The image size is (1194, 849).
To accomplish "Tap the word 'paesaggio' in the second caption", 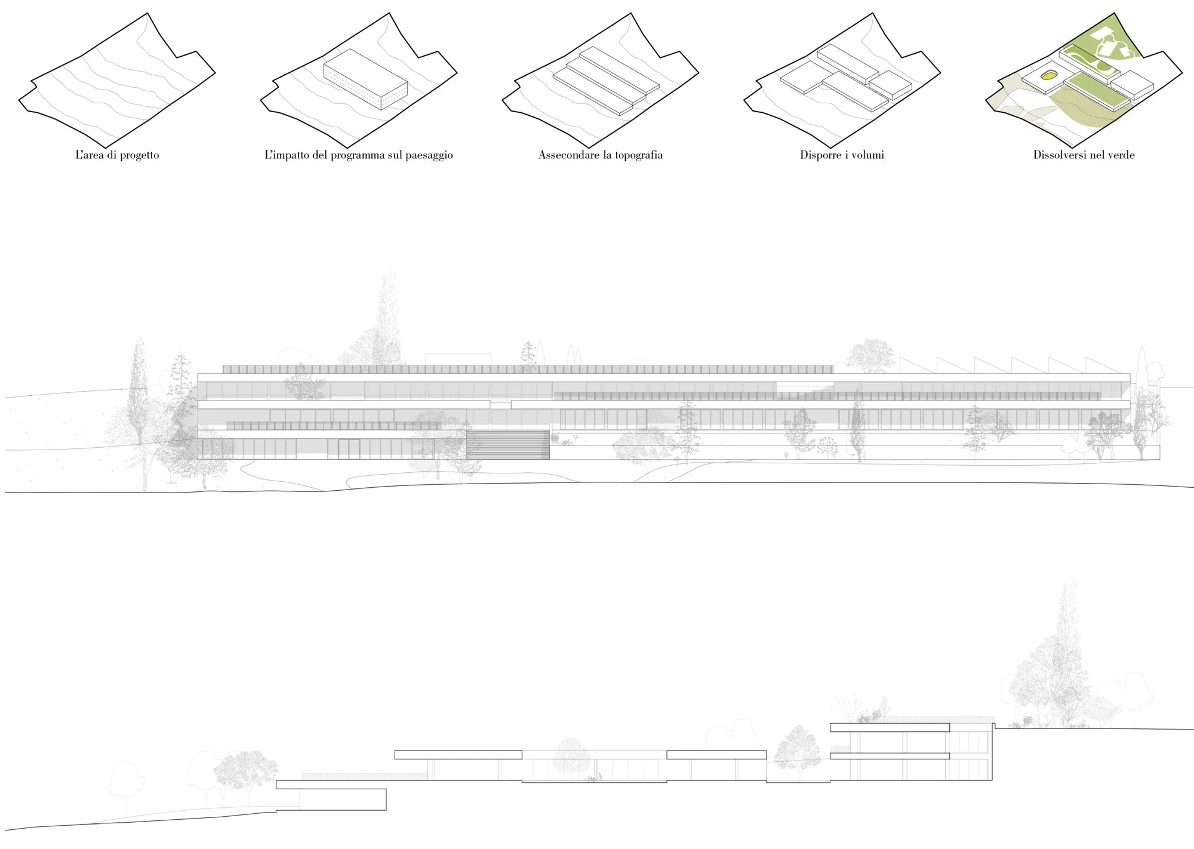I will (x=429, y=156).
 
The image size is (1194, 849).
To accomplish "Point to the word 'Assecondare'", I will (x=568, y=155).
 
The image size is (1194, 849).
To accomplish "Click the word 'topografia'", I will (x=639, y=156).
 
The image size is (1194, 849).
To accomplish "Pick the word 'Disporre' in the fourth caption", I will (x=820, y=156).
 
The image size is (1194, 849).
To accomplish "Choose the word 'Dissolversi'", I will (x=1060, y=155).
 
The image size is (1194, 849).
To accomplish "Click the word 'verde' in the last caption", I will (x=1121, y=155).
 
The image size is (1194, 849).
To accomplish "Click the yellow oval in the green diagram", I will (x=1047, y=76).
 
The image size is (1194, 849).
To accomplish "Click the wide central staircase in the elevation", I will (x=507, y=444).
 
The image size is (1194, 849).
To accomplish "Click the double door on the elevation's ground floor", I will (x=349, y=449).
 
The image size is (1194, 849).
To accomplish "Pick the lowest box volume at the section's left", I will (x=343, y=799).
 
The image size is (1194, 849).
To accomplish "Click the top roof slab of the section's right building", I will (x=890, y=727).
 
